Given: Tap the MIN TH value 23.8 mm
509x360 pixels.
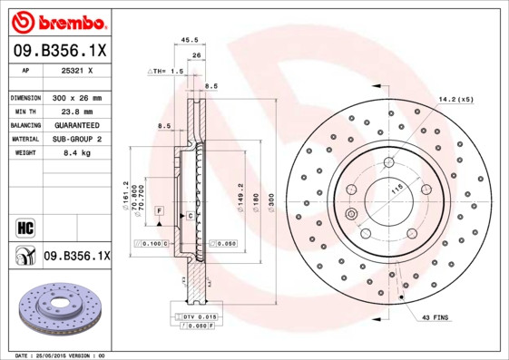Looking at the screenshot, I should (74, 111).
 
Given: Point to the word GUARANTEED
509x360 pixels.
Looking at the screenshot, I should (74, 124).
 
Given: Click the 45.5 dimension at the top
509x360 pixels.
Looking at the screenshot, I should (190, 40).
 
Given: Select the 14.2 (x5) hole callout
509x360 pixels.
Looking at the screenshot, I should (456, 98).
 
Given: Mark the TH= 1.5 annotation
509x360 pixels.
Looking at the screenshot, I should (166, 70).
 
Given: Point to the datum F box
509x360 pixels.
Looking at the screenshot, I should (159, 210).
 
